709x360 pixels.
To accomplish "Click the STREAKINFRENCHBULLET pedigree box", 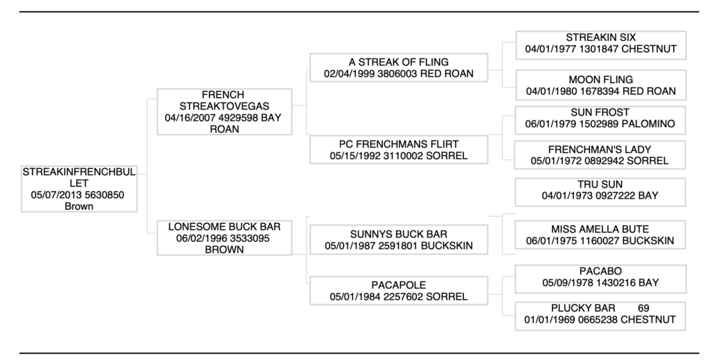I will click(x=78, y=188).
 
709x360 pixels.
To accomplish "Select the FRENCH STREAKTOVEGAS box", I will click(x=223, y=111).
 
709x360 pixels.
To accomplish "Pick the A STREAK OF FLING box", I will click(x=398, y=68).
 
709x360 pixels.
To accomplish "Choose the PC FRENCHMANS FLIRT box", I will click(x=398, y=150).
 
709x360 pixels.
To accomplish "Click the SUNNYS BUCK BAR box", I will click(x=398, y=240).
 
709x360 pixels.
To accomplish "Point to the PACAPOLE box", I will click(x=398, y=291).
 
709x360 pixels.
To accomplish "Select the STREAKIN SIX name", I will click(x=600, y=37).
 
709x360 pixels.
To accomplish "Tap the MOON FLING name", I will click(x=600, y=80).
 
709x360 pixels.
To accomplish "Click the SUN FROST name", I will click(x=600, y=112).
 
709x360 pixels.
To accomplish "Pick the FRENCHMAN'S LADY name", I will click(x=600, y=150).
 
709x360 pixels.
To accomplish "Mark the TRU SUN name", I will click(x=600, y=185).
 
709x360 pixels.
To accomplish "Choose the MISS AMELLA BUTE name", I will click(x=600, y=229).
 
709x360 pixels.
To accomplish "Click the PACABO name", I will click(x=600, y=271).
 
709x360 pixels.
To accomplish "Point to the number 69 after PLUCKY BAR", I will click(x=643, y=308).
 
